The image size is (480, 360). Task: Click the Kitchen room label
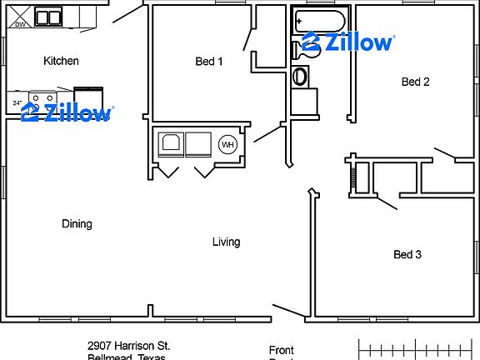click(x=61, y=61)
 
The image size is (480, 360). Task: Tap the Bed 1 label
click(x=208, y=61)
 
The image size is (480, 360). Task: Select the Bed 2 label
click(x=415, y=82)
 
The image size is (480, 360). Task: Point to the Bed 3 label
click(x=407, y=254)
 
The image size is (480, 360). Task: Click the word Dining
click(x=77, y=223)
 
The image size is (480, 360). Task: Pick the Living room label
click(x=226, y=242)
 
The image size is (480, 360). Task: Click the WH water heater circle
click(x=227, y=145)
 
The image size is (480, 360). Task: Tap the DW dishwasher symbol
click(x=19, y=24)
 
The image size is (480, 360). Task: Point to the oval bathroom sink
click(x=300, y=77)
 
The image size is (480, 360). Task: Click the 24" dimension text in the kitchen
click(x=17, y=103)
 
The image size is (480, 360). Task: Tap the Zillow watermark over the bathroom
click(x=347, y=42)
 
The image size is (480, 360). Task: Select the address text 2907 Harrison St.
click(x=129, y=345)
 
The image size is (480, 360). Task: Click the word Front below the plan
click(x=282, y=350)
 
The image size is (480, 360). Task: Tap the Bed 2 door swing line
click(x=445, y=154)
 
